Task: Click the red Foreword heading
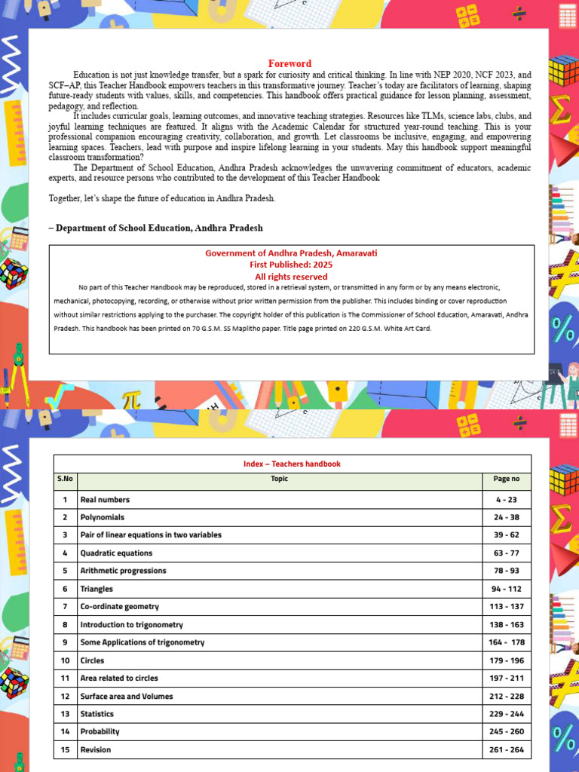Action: click(289, 63)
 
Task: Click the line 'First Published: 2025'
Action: click(291, 265)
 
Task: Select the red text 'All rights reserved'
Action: click(291, 277)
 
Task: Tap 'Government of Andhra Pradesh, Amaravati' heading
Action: click(291, 253)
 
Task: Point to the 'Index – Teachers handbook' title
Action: click(292, 464)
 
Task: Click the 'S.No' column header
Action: click(65, 479)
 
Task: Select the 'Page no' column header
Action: click(506, 479)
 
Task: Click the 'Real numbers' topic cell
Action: click(105, 500)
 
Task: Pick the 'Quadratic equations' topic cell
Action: click(116, 553)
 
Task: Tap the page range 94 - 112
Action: click(506, 589)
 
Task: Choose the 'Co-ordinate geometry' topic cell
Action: click(119, 607)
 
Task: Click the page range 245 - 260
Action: click(506, 731)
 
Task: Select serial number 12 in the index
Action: click(65, 697)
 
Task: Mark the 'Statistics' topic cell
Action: click(97, 714)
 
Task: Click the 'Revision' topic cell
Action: click(96, 750)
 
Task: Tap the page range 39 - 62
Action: click(506, 535)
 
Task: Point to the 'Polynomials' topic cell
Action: click(103, 518)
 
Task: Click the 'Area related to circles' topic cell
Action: click(119, 679)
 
